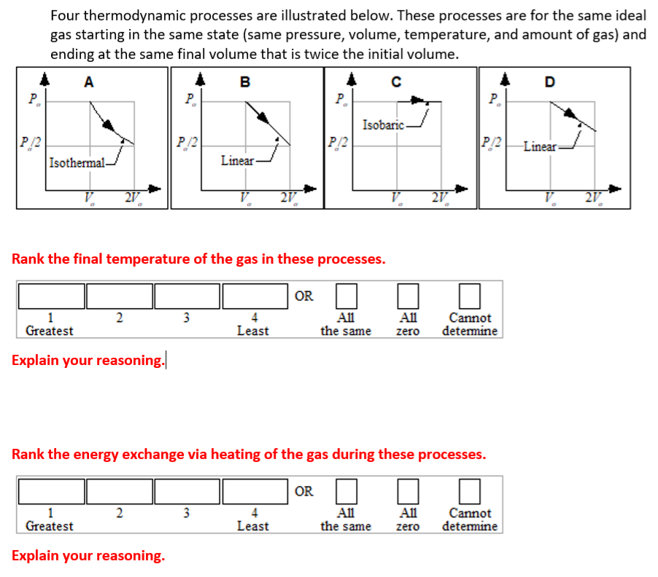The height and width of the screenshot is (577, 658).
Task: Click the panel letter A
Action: pos(88,82)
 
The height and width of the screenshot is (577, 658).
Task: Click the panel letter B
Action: pos(245,82)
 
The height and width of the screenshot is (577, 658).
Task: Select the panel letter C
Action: pos(396,82)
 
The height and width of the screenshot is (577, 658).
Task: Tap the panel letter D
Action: pos(549,82)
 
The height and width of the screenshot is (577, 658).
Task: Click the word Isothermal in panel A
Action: pos(77,162)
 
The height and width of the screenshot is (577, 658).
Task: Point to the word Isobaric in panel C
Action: pos(383,125)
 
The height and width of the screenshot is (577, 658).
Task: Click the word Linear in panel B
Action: pos(237,160)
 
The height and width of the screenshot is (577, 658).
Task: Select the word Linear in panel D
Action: pos(540,146)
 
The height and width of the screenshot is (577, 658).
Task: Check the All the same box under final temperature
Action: pos(346,295)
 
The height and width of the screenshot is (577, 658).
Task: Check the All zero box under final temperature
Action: pos(408,295)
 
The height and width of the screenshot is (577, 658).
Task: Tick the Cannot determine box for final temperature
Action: pos(471,295)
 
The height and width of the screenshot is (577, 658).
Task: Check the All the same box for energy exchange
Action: pos(346,490)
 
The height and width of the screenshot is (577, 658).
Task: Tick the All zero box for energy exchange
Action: pos(408,490)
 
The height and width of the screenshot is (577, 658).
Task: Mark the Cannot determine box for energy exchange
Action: pos(471,490)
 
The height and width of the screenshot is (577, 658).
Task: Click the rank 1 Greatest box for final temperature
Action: pos(52,295)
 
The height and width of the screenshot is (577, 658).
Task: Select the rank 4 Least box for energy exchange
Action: pos(254,490)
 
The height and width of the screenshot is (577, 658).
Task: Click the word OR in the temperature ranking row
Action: pos(304,296)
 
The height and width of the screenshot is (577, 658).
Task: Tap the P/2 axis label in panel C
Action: pos(337,141)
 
